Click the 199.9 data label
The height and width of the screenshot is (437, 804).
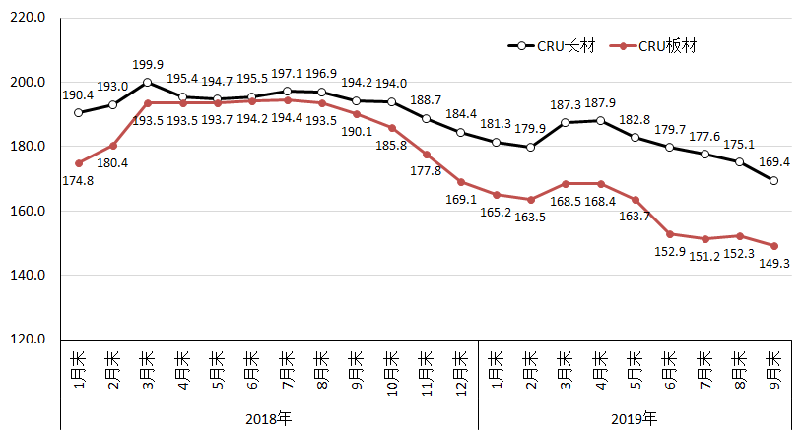pos(148,66)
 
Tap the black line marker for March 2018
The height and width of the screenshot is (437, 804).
pos(148,82)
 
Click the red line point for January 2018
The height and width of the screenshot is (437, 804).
pos(78,163)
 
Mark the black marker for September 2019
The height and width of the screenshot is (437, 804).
pos(774,181)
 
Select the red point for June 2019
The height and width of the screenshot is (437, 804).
pos(670,234)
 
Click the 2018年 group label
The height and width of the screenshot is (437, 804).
pos(269,419)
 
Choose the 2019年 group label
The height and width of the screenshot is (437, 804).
pos(635,419)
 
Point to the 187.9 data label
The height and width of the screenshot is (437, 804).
pos(600,104)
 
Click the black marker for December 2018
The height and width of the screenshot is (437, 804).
pos(461,132)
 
